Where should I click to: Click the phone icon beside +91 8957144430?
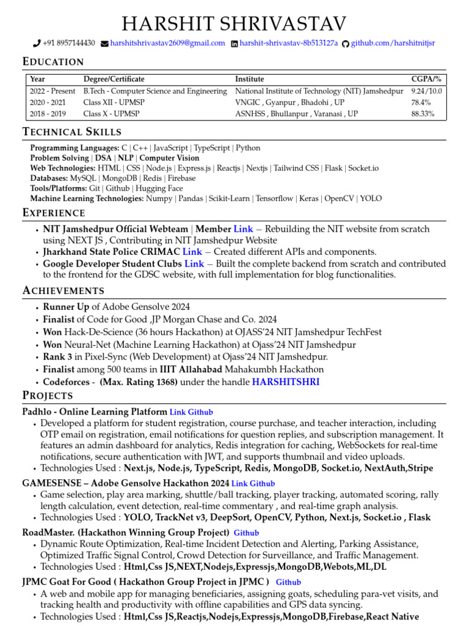coord(37,43)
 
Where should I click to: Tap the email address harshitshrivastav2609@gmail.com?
coord(167,43)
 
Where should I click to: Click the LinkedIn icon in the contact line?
coord(234,43)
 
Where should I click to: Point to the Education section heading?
coord(53,62)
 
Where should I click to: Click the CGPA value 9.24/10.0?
coord(426,91)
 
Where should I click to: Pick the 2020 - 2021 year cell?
coord(48,103)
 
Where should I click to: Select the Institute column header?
coord(250,79)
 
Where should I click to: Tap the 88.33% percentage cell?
coord(423,114)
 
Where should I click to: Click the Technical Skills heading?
coord(72,132)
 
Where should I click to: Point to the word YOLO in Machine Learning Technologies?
coord(370,198)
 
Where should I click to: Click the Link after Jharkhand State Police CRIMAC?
coord(192,252)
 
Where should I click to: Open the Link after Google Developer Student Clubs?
coord(194,263)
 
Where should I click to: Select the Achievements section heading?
coord(64,290)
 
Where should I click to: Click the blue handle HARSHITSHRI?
coord(286,381)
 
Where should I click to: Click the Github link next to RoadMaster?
coord(246,533)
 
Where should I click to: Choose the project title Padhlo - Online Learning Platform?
coord(95,412)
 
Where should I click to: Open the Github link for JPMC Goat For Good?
coord(288,583)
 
